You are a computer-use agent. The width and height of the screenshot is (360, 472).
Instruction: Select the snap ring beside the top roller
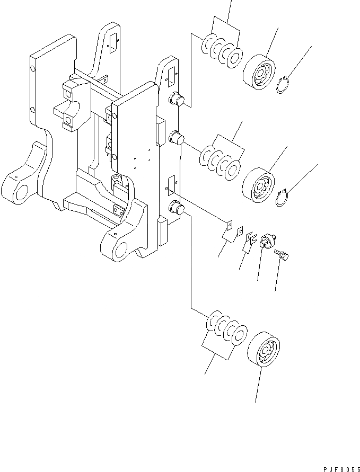click(285, 85)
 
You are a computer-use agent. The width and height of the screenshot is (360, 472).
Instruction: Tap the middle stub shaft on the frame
click(175, 140)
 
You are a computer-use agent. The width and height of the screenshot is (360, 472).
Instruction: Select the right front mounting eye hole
click(121, 248)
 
